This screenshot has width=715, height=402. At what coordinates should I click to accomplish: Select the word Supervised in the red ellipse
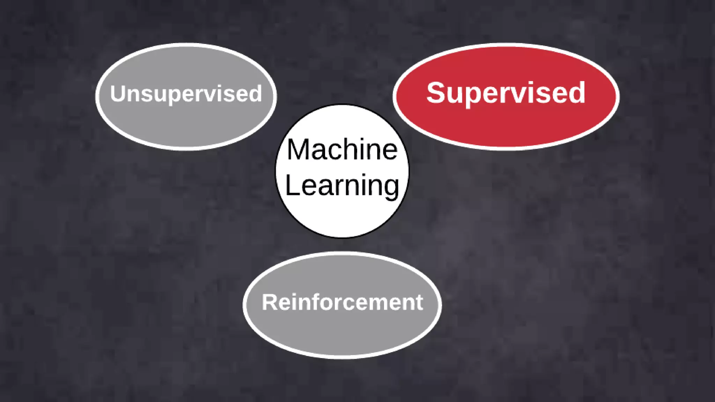506,93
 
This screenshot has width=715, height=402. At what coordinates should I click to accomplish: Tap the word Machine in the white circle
342,150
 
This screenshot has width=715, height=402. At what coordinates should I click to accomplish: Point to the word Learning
342,186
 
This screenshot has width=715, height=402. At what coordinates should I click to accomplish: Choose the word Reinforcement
342,302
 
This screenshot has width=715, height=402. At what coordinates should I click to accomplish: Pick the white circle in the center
342,216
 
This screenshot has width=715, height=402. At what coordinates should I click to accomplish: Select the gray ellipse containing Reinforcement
342,332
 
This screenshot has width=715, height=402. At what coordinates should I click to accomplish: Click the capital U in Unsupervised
118,94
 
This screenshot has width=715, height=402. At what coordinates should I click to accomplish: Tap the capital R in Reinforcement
269,302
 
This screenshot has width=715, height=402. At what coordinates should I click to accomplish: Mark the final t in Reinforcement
419,302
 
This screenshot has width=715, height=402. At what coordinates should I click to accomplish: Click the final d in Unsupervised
256,94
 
